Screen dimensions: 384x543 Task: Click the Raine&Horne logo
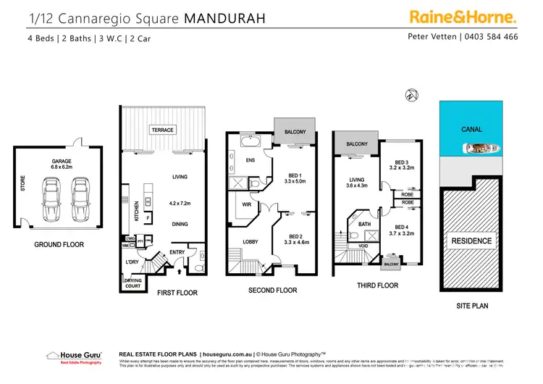click(x=463, y=16)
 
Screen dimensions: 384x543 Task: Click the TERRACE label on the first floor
click(x=163, y=130)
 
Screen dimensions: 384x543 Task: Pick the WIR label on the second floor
click(x=246, y=205)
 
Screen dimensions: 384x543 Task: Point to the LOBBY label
click(x=251, y=241)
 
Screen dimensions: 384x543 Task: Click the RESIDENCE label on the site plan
click(x=471, y=241)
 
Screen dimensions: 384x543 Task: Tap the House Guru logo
click(x=68, y=357)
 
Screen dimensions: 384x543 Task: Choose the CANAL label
click(x=471, y=130)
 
